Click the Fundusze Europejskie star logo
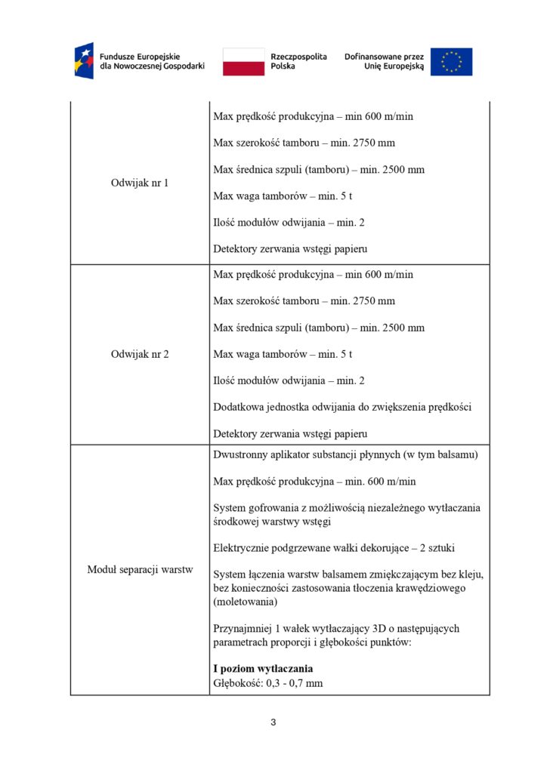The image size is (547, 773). point(83,61)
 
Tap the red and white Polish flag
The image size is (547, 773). point(243,62)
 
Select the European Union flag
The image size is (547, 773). point(451,62)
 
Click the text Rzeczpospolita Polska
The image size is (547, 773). point(298,61)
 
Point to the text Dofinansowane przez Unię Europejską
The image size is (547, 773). point(384,61)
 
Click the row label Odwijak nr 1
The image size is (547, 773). point(140,183)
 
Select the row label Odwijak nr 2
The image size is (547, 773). point(140,354)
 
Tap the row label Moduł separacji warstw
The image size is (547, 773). point(140,569)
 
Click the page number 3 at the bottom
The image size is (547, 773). point(273,722)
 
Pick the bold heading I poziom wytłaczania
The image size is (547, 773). point(263,669)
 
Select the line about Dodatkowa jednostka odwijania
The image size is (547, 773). point(342,408)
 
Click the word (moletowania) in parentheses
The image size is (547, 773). point(246,601)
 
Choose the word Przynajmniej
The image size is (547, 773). point(243,628)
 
